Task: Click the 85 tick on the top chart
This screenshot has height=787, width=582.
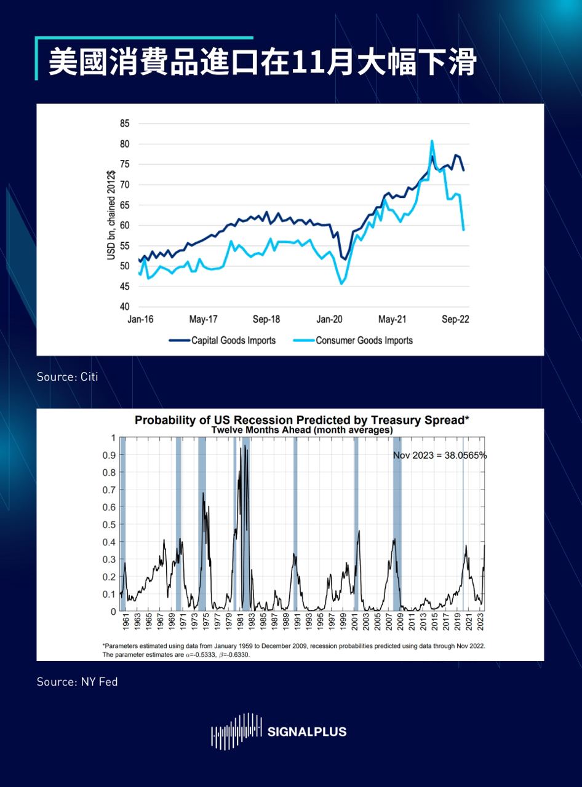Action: [125, 124]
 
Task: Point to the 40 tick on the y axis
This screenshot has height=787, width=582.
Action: [125, 306]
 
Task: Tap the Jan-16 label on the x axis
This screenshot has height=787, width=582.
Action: [140, 320]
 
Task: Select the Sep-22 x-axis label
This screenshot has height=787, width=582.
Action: [456, 320]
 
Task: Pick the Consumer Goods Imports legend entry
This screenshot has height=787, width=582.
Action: [364, 340]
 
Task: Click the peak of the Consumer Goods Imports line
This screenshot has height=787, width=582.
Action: [432, 141]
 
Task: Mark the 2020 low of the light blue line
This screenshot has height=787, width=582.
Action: [341, 283]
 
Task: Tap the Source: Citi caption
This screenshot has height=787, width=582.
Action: [67, 376]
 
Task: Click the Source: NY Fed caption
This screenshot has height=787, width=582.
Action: [77, 681]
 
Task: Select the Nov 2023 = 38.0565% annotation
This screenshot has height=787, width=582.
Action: [440, 456]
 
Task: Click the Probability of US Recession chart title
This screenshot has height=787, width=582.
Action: [302, 421]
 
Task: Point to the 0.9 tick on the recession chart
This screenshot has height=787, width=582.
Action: [109, 455]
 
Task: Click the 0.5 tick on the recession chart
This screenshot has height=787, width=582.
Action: [109, 524]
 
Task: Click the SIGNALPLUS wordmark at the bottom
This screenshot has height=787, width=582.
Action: [307, 732]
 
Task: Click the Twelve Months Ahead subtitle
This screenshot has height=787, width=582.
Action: [302, 430]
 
